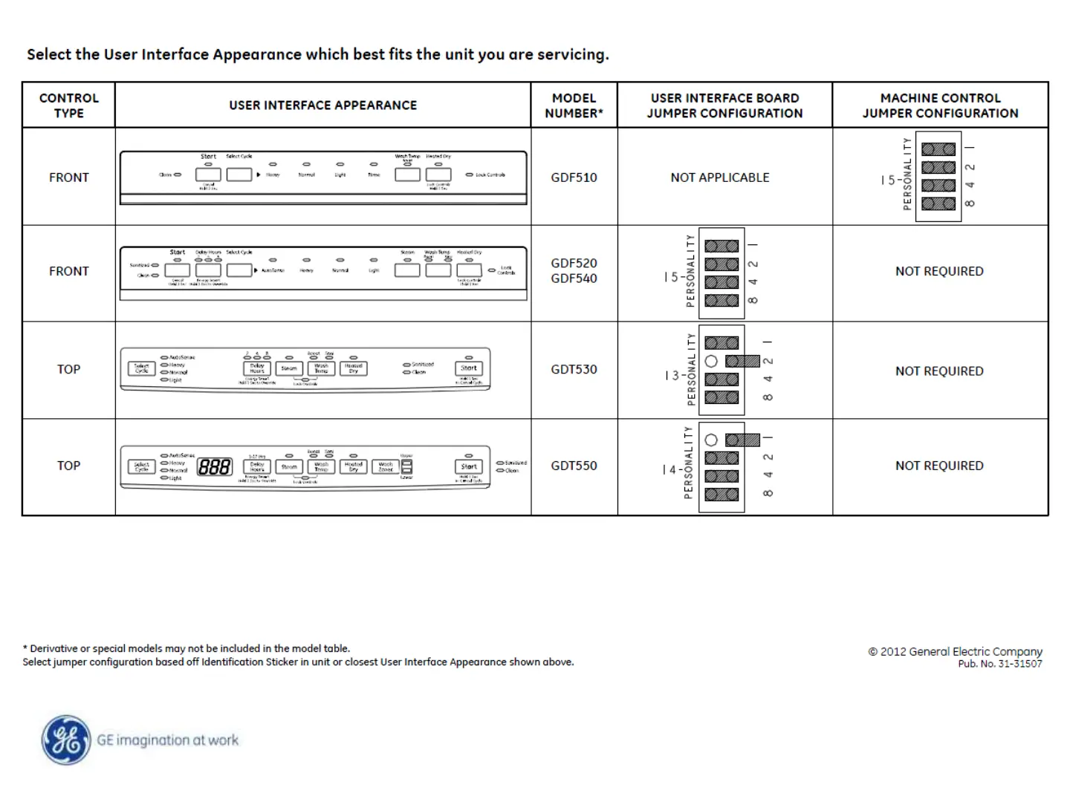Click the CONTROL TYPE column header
(x=68, y=105)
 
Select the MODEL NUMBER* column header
(x=574, y=105)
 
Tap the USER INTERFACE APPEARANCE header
(x=322, y=105)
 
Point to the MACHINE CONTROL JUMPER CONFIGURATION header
(x=940, y=105)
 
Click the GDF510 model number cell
(x=574, y=177)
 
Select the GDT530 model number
(x=574, y=369)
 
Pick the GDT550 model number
(x=574, y=466)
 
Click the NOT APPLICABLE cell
(x=719, y=177)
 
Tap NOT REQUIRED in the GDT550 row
(x=939, y=466)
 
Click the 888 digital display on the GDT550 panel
(x=214, y=467)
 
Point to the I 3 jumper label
(x=671, y=376)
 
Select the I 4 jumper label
(x=669, y=470)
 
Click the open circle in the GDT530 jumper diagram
(x=711, y=362)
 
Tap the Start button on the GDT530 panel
(x=469, y=368)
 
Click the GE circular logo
(x=66, y=740)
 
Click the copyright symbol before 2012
(x=873, y=652)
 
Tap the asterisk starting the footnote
(x=25, y=648)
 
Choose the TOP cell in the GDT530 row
(x=68, y=369)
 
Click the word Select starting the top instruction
(x=49, y=54)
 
